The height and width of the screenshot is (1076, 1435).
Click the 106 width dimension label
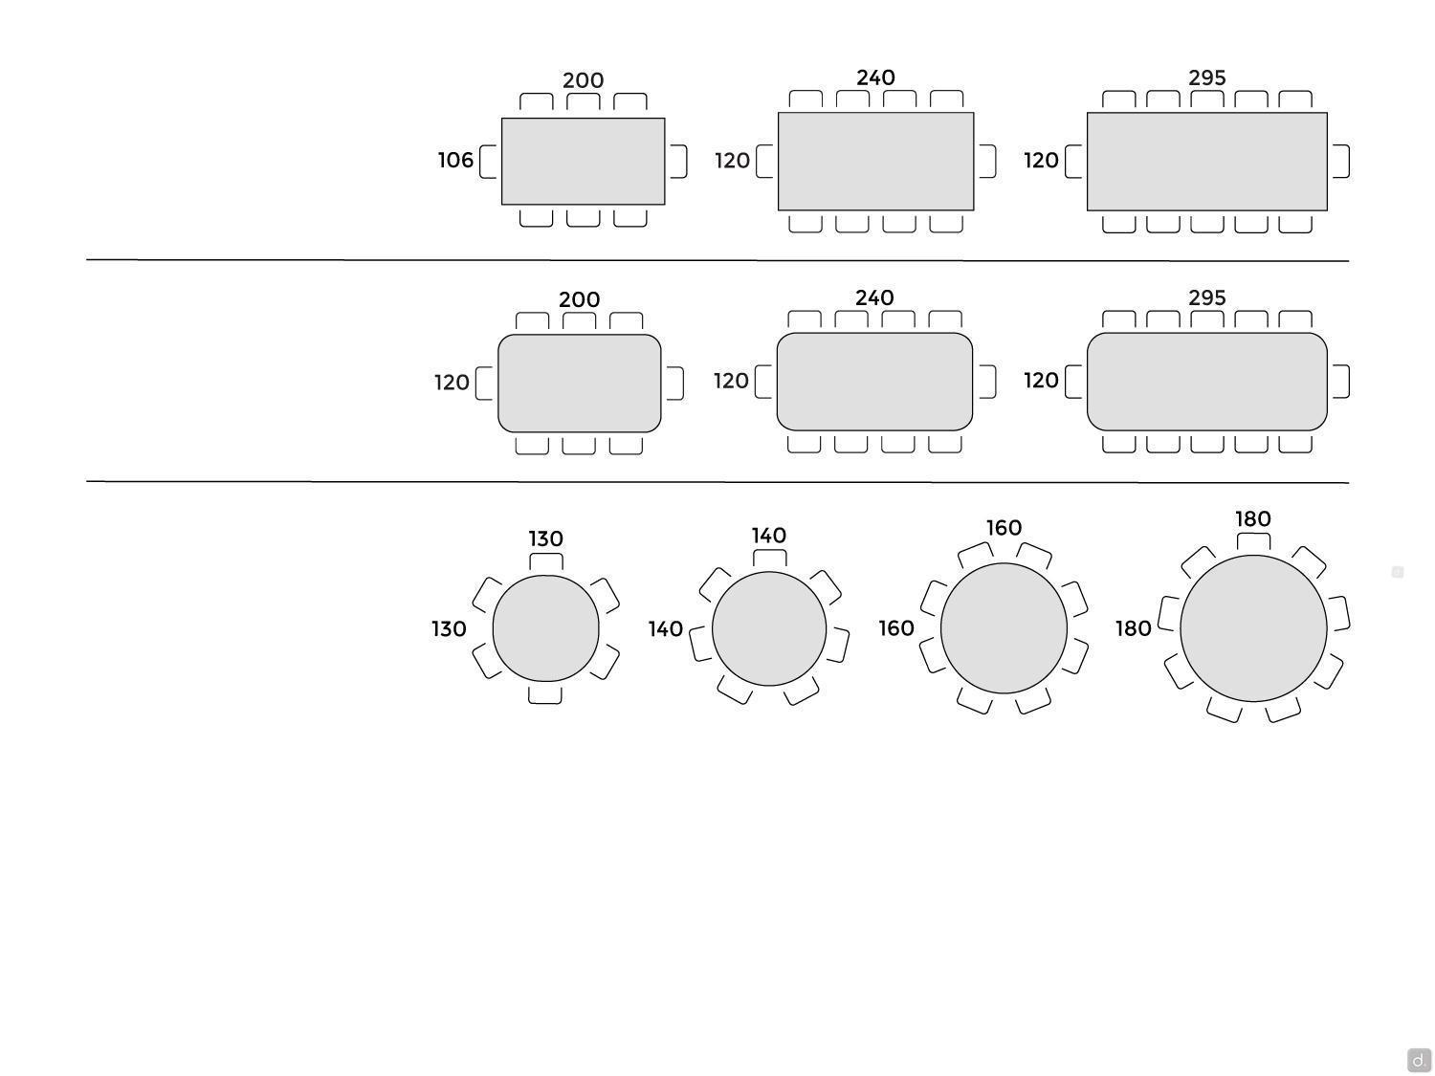pos(455,160)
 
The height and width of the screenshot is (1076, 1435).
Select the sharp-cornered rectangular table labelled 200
pos(584,162)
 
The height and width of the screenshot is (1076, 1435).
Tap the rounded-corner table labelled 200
pos(579,384)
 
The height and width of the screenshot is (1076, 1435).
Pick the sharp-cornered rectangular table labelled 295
pos(1207,162)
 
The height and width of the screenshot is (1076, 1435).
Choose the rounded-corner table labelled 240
pos(874,382)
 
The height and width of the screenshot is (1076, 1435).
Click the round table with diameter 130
pos(546,628)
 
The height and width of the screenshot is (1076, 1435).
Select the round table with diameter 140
pos(769,628)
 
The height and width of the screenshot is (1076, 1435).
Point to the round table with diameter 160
pos(1004,628)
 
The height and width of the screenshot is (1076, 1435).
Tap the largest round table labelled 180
pos(1253,628)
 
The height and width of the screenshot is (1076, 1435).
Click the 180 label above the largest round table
pos(1253,518)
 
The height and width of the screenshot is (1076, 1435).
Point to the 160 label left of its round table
pos(896,628)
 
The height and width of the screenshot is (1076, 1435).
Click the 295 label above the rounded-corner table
pos(1207,297)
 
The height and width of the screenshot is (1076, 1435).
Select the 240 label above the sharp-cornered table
pos(875,77)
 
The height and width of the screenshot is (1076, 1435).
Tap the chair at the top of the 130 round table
pos(546,561)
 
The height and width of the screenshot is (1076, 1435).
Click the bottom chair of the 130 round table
pos(545,695)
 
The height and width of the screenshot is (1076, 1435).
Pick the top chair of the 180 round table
pos(1253,541)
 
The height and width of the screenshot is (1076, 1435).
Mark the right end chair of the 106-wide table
pos(678,162)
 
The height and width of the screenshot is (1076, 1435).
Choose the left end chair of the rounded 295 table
pos(1073,382)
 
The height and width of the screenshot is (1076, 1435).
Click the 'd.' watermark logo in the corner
pos(1419,1060)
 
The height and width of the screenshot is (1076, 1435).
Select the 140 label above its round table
pos(769,536)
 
